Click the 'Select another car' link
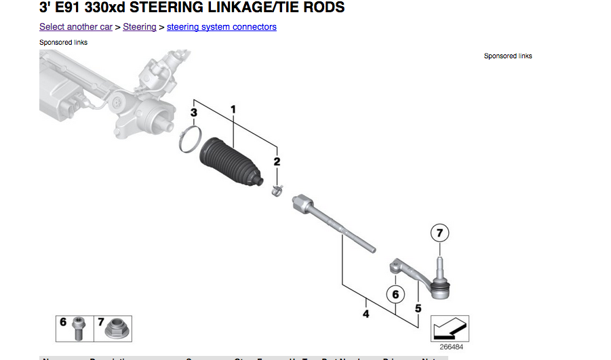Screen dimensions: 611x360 [75, 27]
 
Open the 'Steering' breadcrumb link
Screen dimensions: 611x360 [139, 27]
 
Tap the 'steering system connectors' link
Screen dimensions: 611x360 [221, 27]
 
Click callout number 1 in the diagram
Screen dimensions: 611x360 [233, 108]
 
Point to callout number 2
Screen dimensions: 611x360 [276, 161]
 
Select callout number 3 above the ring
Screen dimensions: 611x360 [193, 112]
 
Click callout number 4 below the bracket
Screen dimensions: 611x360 [366, 314]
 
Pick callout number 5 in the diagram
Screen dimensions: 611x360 [418, 308]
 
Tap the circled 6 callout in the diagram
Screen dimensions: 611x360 [395, 294]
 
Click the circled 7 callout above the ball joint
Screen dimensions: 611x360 [439, 233]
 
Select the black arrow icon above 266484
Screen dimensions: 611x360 [450, 328]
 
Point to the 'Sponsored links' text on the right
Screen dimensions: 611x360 [508, 56]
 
